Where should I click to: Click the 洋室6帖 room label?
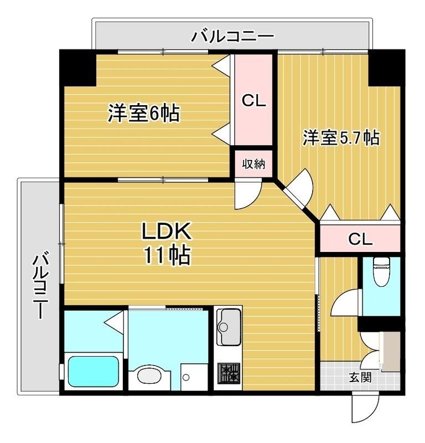click(143, 114)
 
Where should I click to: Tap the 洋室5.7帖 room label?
click(340, 137)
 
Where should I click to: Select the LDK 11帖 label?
click(167, 243)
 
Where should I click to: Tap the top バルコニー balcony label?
click(232, 37)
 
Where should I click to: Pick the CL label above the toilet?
click(360, 239)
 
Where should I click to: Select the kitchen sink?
click(228, 322)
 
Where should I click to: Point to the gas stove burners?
click(228, 372)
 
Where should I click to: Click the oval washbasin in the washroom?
click(147, 377)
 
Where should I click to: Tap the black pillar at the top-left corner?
click(78, 68)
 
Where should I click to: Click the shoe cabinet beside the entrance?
click(391, 352)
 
